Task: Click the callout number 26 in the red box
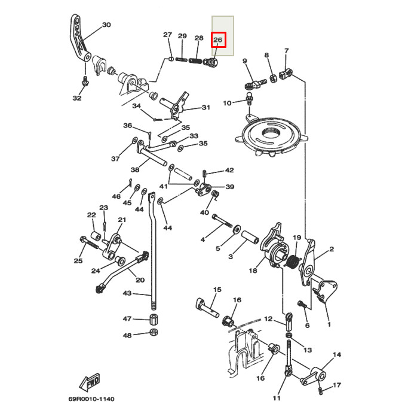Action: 219,40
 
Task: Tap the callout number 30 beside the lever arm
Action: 106,25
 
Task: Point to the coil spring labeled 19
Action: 292,260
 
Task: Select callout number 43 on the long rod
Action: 127,293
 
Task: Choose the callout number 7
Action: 287,51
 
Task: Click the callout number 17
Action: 337,385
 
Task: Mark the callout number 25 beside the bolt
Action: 78,260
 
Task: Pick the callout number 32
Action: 77,98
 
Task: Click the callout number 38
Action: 136,169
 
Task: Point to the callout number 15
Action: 216,290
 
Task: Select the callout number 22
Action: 91,215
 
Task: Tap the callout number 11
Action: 277,398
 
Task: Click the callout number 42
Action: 229,170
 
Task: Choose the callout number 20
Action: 140,280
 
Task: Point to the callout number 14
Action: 338,355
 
